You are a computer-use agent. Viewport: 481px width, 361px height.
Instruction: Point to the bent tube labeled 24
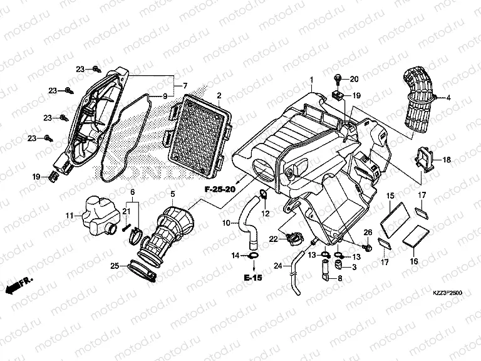[294, 279]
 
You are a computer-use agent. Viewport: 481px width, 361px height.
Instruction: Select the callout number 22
[273, 238]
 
